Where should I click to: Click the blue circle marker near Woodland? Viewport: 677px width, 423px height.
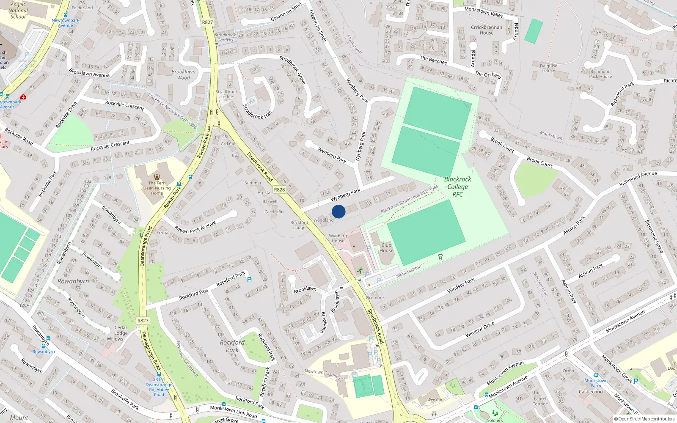338,211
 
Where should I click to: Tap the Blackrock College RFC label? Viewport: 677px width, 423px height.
458,187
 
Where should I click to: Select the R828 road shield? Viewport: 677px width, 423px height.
279,190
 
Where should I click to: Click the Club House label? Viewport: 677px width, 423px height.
386,248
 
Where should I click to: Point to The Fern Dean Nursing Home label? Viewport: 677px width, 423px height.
157,188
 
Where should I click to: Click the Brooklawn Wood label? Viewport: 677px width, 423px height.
184,74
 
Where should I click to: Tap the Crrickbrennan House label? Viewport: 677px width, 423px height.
487,30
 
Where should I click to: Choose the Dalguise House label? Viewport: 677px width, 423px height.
548,69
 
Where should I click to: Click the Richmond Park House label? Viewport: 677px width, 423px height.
600,74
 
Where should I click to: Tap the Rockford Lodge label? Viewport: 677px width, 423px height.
299,225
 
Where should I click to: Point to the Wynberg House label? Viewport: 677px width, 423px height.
338,239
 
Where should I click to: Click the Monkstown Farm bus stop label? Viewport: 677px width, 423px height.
596,383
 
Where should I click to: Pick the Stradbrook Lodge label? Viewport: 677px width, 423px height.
227,94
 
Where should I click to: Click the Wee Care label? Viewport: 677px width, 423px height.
436,400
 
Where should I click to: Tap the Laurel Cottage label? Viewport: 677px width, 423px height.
540,401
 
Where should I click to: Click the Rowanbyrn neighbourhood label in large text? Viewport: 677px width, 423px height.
73,281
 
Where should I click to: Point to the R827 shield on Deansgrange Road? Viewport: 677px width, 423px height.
143,321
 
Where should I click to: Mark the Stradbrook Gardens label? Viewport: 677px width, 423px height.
225,38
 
